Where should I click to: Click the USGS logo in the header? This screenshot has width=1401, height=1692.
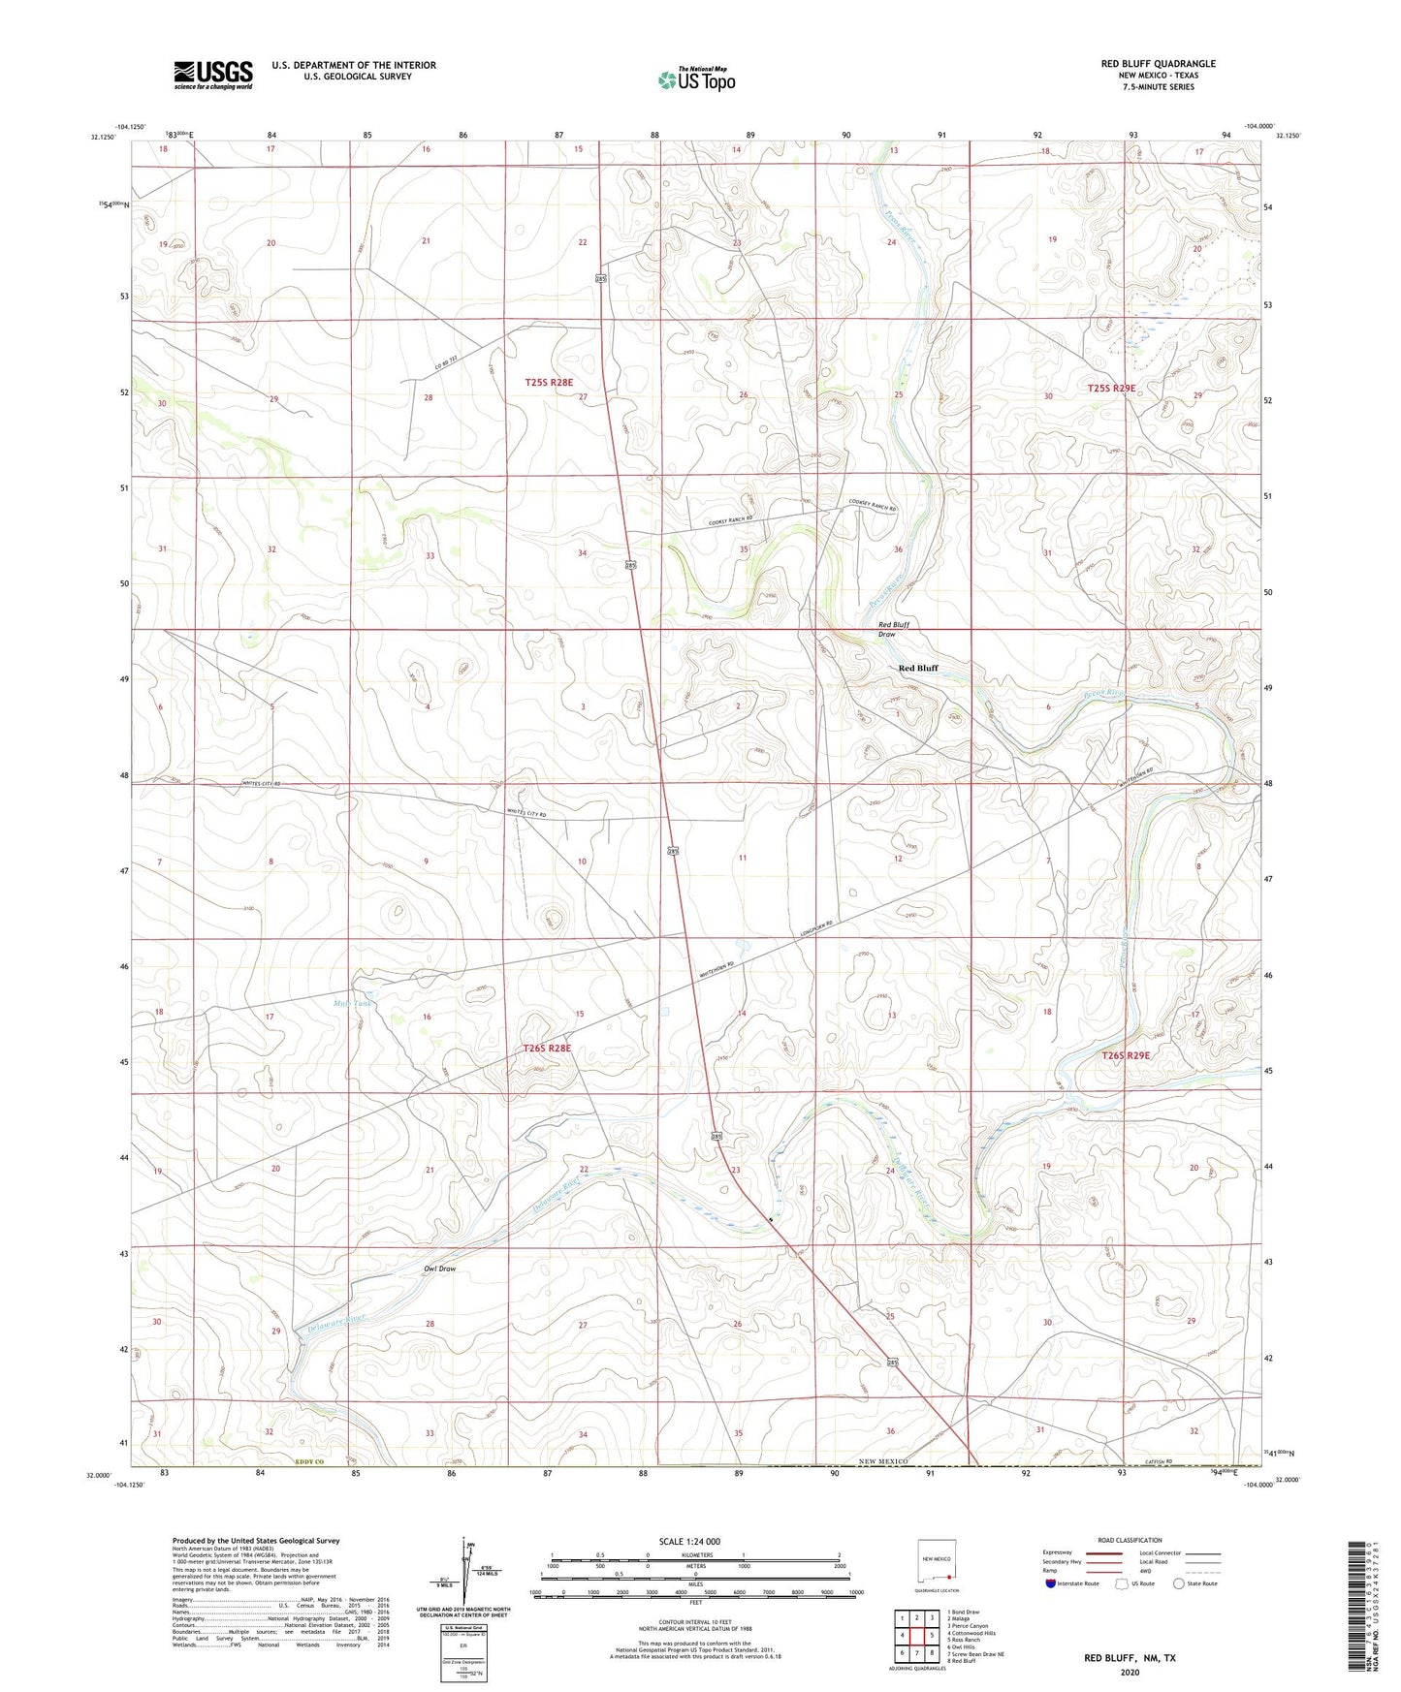[212, 74]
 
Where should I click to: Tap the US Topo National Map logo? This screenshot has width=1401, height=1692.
[696, 78]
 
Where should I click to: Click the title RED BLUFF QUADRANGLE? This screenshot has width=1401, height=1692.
[1158, 64]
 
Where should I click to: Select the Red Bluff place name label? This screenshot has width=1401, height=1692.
[917, 668]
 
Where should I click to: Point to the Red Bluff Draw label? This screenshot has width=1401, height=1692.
[893, 629]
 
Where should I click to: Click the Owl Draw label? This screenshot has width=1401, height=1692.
[439, 1268]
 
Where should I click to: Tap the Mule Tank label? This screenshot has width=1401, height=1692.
[351, 1003]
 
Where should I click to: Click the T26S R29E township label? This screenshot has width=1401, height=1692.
[1125, 1055]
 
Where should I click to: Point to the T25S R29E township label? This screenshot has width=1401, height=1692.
[1110, 388]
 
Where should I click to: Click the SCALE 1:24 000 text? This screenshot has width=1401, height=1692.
[689, 1541]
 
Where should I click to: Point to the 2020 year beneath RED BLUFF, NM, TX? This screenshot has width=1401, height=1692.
[1130, 1672]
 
